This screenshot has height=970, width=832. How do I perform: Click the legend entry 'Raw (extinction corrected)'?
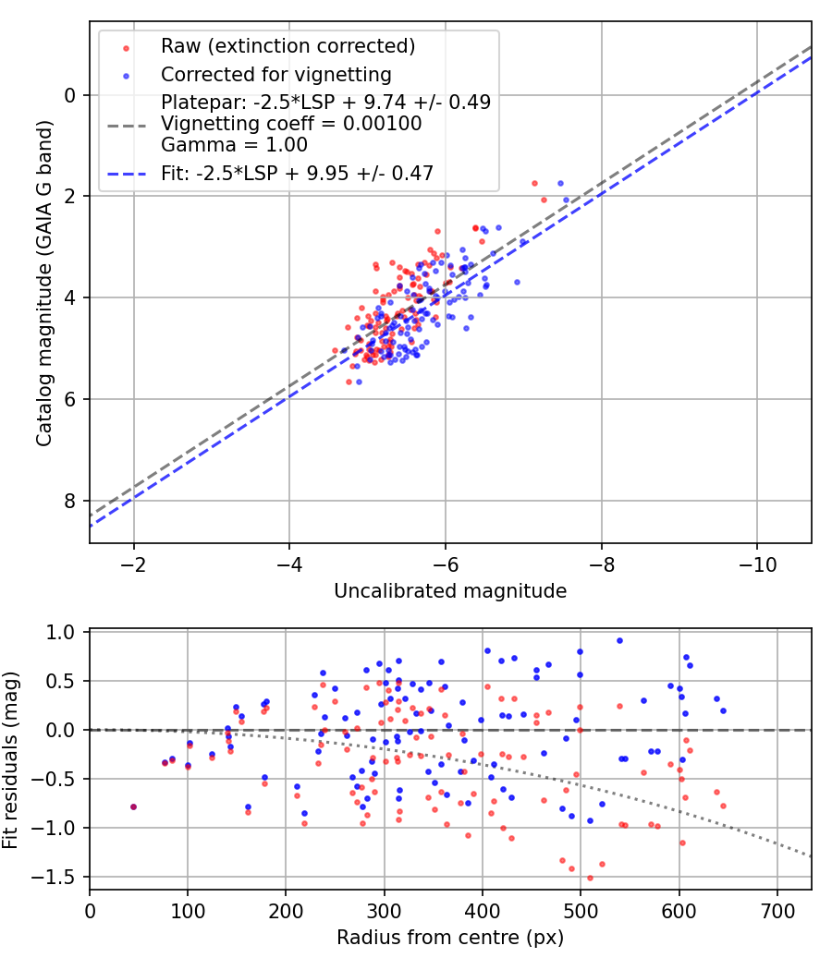pyautogui.click(x=288, y=46)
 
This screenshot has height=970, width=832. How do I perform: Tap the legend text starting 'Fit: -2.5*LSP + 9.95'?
pyautogui.click(x=297, y=172)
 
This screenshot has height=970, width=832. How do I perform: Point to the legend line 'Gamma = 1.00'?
pyautogui.click(x=234, y=145)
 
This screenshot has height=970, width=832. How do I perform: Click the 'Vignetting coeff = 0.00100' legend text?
pyautogui.click(x=291, y=124)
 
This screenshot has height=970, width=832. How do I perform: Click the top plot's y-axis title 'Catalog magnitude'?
pyautogui.click(x=44, y=283)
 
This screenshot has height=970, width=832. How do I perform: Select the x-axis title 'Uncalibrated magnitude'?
pyautogui.click(x=450, y=590)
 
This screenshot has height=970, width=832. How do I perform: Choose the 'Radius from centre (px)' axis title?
pyautogui.click(x=450, y=938)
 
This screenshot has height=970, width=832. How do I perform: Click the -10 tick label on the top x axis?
pyautogui.click(x=757, y=563)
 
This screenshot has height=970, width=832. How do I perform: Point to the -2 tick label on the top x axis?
pyautogui.click(x=134, y=563)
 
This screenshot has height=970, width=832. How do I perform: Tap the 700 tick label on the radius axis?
pyautogui.click(x=777, y=910)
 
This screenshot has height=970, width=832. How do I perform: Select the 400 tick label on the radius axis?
pyautogui.click(x=482, y=910)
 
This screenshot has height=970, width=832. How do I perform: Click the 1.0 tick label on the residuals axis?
pyautogui.click(x=62, y=633)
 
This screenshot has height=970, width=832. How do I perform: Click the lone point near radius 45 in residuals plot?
pyautogui.click(x=133, y=806)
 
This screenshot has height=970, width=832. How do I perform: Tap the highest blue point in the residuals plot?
pyautogui.click(x=619, y=640)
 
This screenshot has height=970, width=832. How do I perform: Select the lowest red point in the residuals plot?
pyautogui.click(x=590, y=878)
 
